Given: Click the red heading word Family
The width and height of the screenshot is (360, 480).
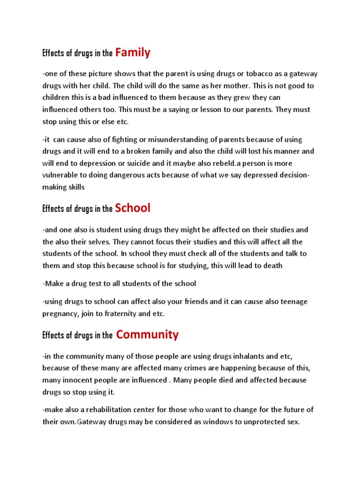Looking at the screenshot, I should pyautogui.click(x=133, y=52).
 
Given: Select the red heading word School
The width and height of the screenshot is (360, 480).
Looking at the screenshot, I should pyautogui.click(x=133, y=208).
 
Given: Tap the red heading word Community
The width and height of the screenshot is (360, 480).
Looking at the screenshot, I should pyautogui.click(x=147, y=335).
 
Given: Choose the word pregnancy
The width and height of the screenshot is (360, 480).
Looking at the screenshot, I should pyautogui.click(x=60, y=314).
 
